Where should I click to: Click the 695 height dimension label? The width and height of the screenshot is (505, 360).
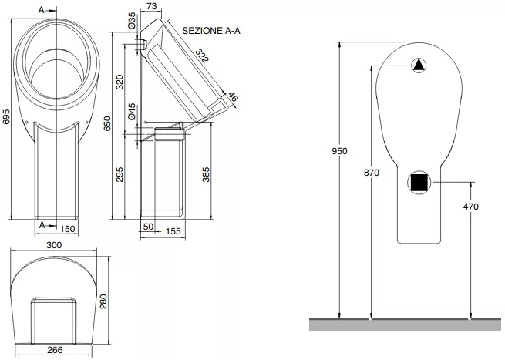[6, 116]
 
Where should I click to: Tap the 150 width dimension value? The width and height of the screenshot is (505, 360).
[68, 229]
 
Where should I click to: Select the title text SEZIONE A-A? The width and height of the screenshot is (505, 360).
[211, 31]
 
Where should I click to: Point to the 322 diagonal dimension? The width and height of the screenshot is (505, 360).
[202, 56]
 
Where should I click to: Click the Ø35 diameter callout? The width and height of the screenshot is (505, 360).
[132, 22]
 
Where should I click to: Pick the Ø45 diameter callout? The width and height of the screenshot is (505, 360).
[132, 112]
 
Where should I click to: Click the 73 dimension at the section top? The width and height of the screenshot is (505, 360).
[151, 6]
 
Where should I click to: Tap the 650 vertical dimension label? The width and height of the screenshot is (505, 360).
[107, 123]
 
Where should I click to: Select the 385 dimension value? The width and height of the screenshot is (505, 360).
[206, 174]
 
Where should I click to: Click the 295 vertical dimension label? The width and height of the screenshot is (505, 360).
[120, 174]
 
